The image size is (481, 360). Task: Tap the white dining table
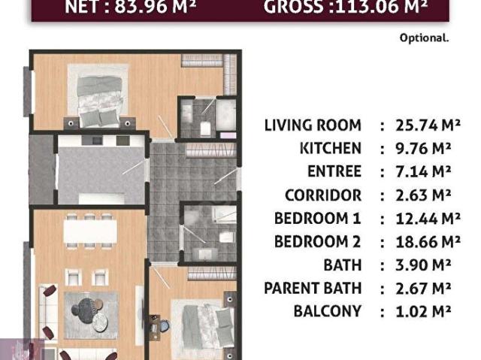89,233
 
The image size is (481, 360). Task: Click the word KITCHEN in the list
330,149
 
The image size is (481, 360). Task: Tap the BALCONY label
327,311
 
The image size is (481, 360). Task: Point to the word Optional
424,37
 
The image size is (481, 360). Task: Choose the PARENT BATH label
313,288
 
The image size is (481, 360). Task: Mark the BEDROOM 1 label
317,219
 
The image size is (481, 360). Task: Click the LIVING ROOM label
313,126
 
